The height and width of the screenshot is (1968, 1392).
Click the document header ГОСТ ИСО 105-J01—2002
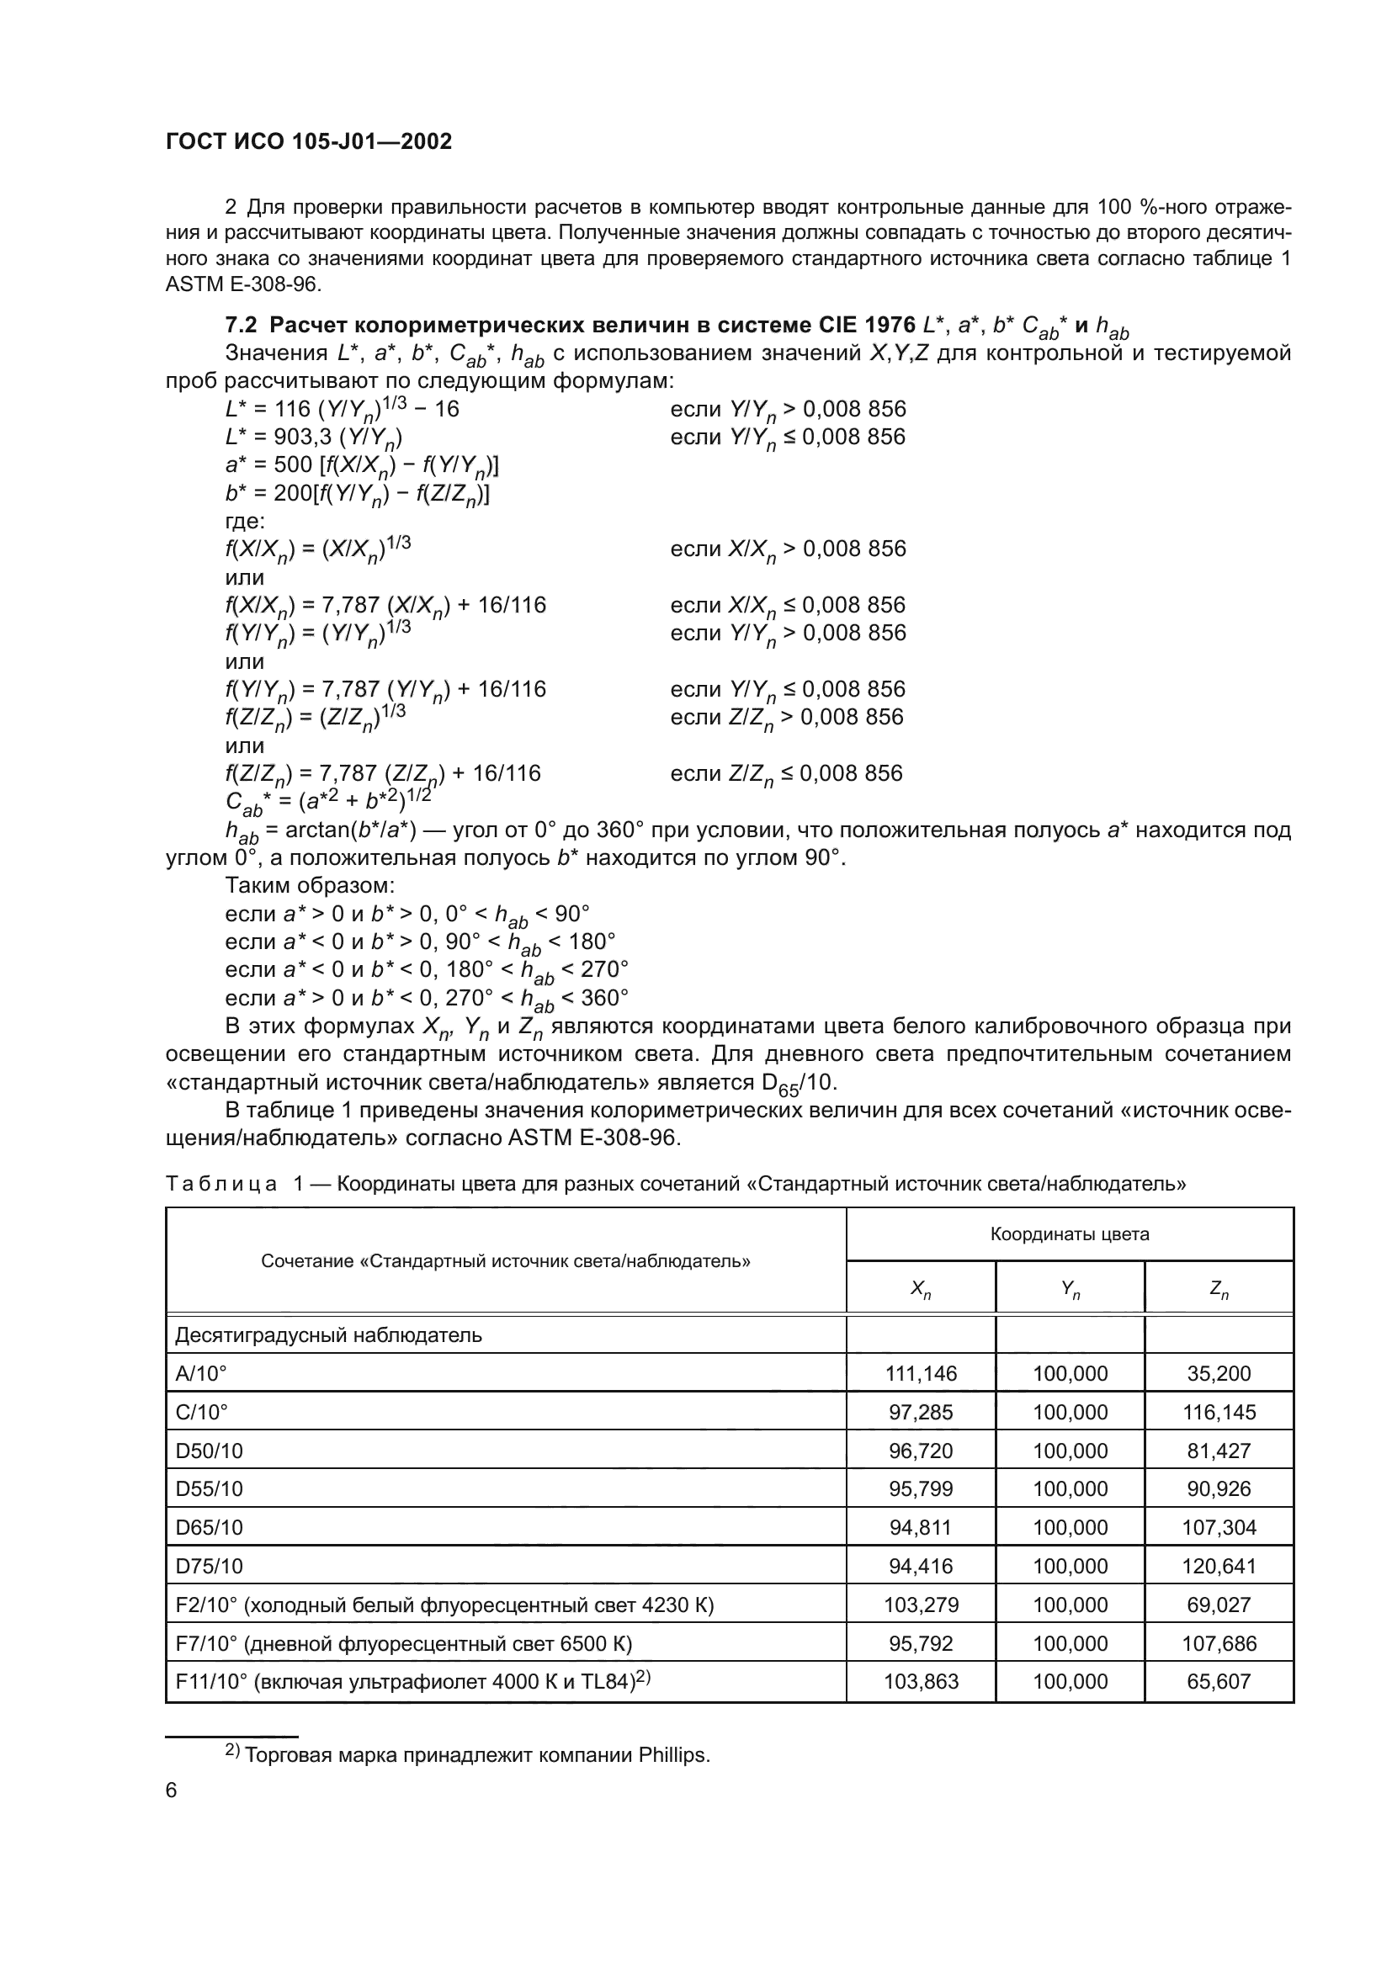(x=309, y=141)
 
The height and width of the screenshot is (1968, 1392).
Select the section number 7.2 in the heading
(x=241, y=326)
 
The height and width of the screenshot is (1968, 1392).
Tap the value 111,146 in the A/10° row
(x=921, y=1374)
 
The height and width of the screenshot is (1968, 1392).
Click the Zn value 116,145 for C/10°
(x=1219, y=1413)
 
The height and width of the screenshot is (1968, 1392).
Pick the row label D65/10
(x=210, y=1527)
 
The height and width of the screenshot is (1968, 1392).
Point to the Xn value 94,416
(x=921, y=1566)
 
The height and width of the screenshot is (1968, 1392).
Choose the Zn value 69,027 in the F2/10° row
(x=1219, y=1605)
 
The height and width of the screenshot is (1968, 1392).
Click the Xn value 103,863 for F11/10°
(x=921, y=1682)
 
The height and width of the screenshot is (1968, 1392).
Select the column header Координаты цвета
(x=1069, y=1234)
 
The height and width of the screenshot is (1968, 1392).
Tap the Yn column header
(x=1070, y=1288)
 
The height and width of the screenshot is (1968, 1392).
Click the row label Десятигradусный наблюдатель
(x=328, y=1335)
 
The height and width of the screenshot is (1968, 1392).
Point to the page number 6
(x=172, y=1790)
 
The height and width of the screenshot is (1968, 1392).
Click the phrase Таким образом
(x=310, y=885)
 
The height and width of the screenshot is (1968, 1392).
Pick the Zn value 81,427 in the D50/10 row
(x=1219, y=1451)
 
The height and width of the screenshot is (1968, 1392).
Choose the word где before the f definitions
(x=245, y=521)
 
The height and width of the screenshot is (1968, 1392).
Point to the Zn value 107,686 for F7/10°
(x=1219, y=1643)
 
